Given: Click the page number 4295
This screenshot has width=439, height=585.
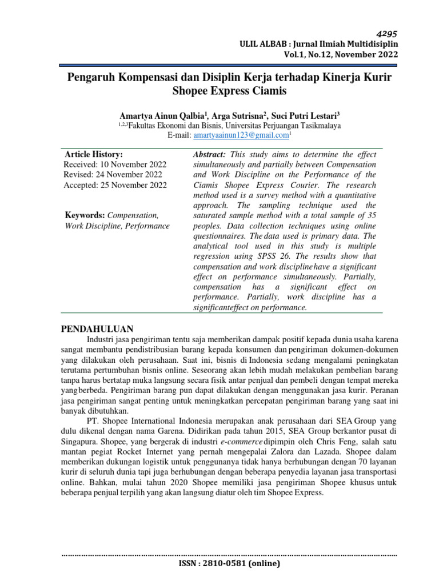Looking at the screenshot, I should tap(386, 34).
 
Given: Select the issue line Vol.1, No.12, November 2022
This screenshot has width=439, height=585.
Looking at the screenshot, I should tap(341, 55).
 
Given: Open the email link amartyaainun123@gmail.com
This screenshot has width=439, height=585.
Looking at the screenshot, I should tap(241, 135).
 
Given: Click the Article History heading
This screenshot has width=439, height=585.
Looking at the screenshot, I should tap(94, 154).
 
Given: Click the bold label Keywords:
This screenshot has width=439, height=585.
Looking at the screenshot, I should tap(85, 215).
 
